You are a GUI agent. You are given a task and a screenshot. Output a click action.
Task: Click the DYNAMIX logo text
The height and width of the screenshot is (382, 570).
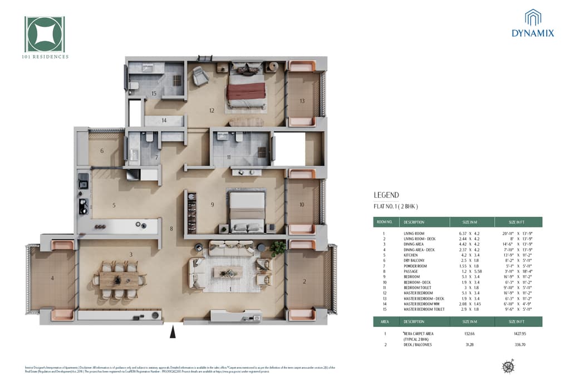pos(533,33)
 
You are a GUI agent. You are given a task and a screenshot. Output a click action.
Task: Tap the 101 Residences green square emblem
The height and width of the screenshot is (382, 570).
pos(45,34)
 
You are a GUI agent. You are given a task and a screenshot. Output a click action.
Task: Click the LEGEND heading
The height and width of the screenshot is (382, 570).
pos(386,195)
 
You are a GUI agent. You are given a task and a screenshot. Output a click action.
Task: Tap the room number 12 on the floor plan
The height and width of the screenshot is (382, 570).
pos(212,110)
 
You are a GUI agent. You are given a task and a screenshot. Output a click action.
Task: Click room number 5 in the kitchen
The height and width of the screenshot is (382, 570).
pos(114,205)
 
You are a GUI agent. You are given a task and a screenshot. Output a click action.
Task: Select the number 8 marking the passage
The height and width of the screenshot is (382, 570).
pos(171,229)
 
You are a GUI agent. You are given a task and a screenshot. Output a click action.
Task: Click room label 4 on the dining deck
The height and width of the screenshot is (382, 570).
pos(52,277)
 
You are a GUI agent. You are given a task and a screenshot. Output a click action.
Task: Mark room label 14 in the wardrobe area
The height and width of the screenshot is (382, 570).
pos(164,120)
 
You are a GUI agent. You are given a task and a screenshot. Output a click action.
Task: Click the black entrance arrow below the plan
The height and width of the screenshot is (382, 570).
pos(173,332)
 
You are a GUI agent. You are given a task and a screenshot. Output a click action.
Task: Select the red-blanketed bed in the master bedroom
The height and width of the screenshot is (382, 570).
pos(245,90)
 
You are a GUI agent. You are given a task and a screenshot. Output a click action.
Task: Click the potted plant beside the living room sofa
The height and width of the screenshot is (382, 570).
pos(277,247)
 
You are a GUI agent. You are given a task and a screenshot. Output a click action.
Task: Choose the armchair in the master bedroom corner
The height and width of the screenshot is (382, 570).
pos(200,76)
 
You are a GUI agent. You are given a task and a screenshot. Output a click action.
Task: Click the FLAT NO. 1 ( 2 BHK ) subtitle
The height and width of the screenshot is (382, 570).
pos(395,206)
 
